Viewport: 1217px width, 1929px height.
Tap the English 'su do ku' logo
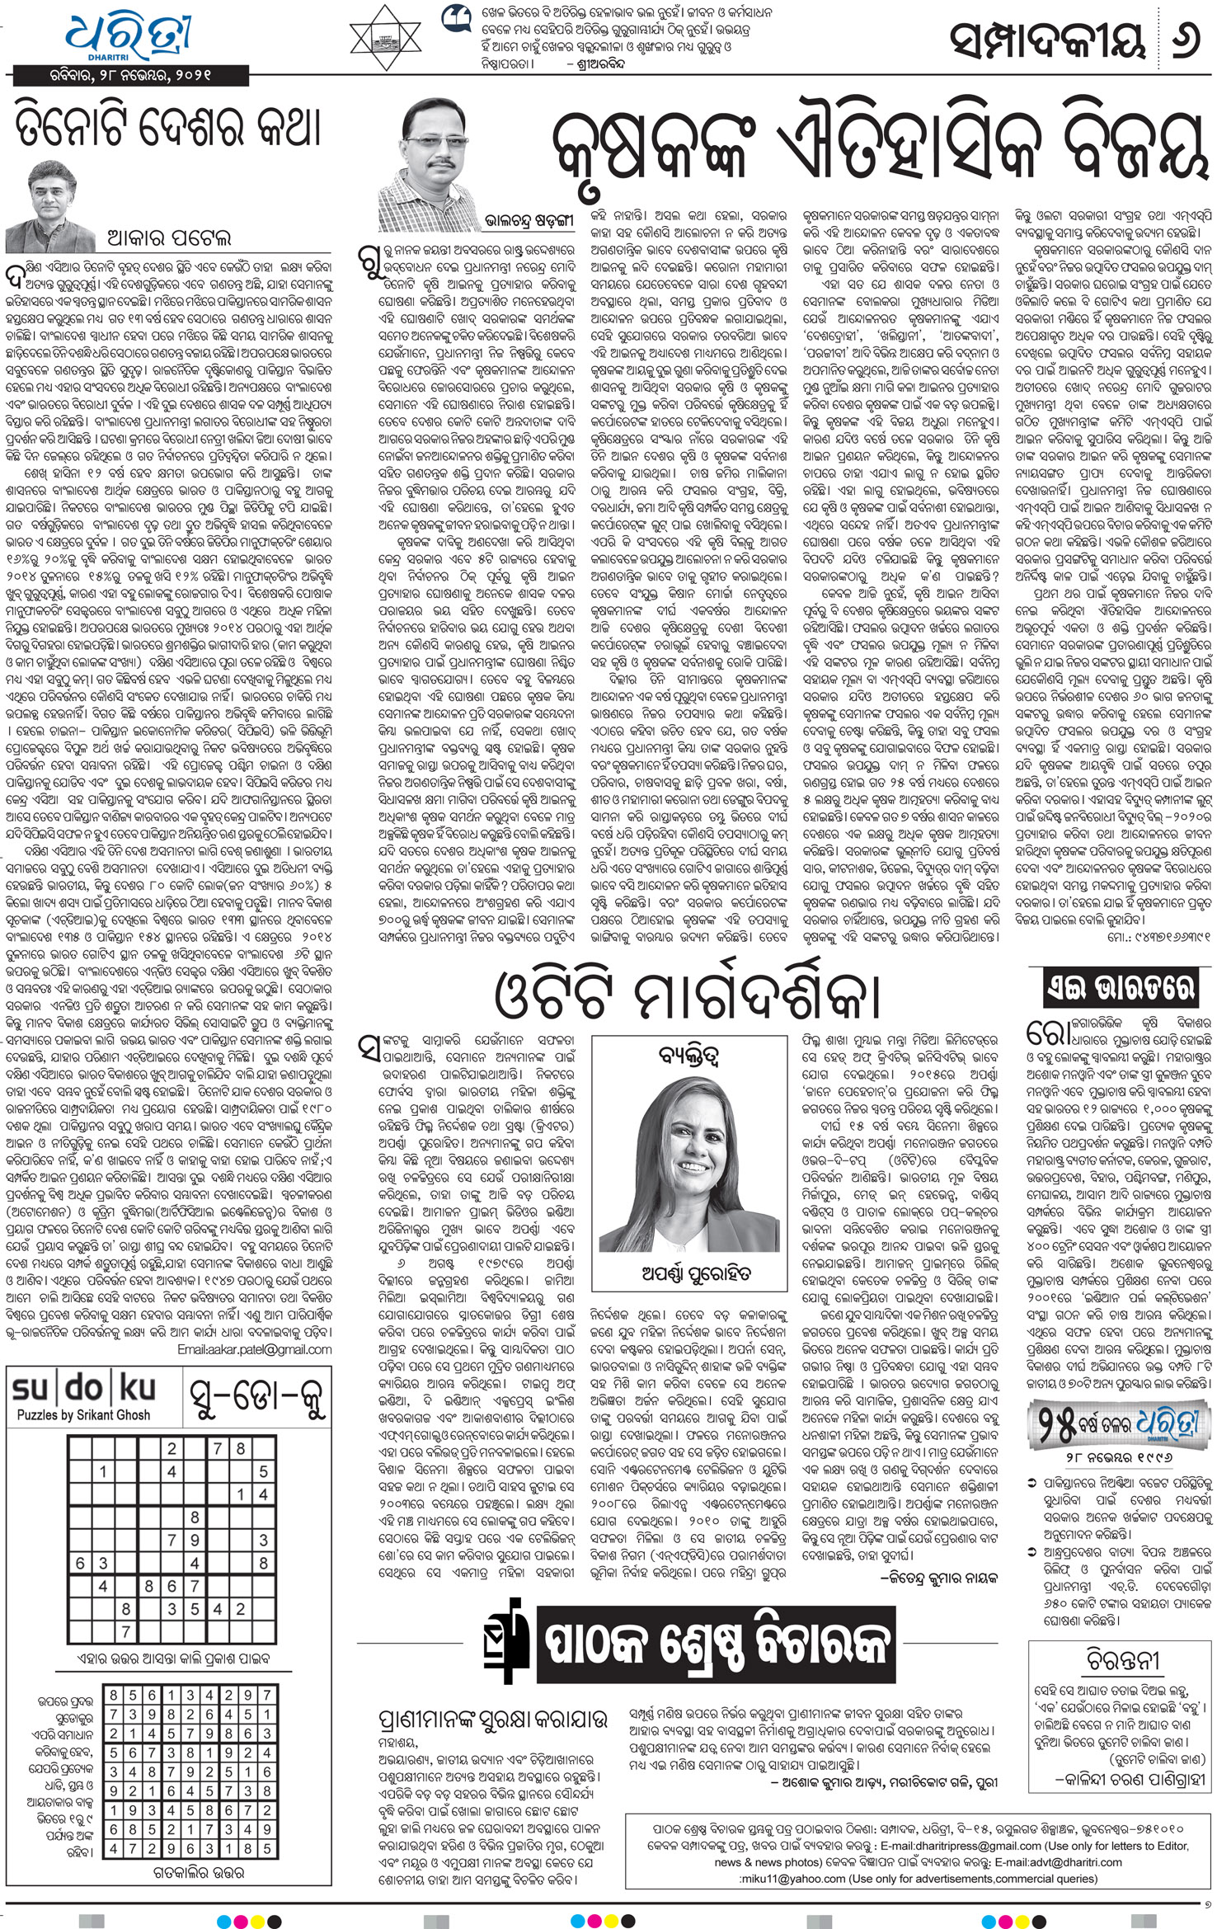[84, 1390]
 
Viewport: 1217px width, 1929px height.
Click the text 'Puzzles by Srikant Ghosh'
[83, 1415]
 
